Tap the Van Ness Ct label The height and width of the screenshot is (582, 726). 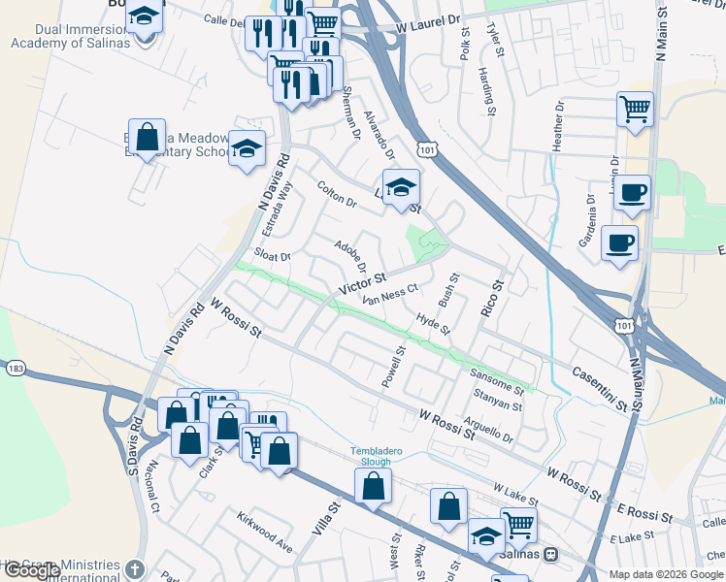390,294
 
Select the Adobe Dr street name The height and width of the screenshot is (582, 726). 350,256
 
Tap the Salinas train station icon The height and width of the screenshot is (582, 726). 551,554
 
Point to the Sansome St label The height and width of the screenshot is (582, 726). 496,379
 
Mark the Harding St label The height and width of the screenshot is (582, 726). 491,96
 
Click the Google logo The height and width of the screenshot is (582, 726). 32,570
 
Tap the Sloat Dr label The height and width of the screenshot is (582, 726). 272,256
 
